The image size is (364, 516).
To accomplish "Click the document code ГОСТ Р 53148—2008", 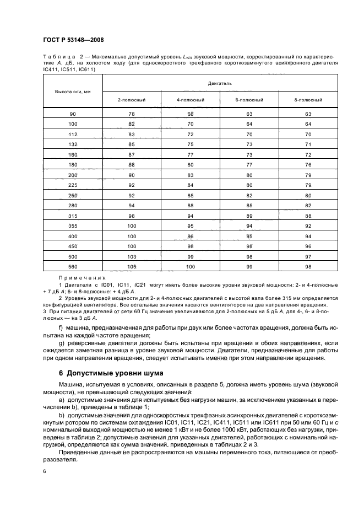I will pos(73,40).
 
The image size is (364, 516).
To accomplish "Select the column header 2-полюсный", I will pos(132,100).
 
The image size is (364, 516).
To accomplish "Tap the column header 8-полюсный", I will pos(308,100).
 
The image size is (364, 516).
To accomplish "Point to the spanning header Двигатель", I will pos(220,82).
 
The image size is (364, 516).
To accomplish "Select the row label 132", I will pos(73,144).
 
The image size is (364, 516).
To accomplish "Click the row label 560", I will pos(73,267).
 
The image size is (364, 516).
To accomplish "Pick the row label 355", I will pos(73,226).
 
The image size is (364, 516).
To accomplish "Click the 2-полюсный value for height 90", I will pos(132,114).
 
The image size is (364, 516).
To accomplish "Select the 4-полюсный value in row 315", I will pos(191,216).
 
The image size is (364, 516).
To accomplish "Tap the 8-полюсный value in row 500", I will pos(308,256).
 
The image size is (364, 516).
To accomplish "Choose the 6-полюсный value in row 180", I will pos(249,165).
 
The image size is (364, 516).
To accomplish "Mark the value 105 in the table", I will pos(132,267).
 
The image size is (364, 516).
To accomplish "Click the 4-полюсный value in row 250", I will pos(191,195).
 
